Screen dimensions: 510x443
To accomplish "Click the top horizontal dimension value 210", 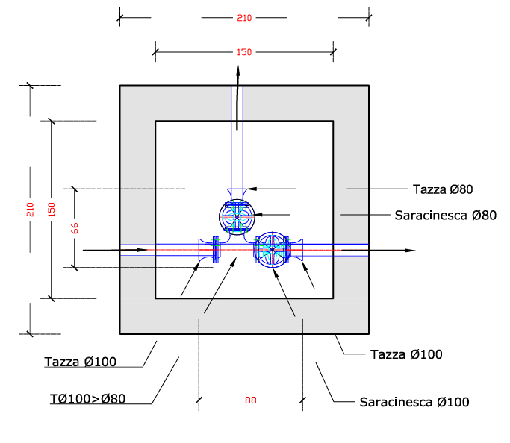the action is coord(244,18).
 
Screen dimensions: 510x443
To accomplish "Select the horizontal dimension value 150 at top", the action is coord(244,52).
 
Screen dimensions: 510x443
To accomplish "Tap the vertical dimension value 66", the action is coord(75,228).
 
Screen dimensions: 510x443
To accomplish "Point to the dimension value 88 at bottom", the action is coord(251,400).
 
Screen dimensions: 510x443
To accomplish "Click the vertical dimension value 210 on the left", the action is coord(30,210).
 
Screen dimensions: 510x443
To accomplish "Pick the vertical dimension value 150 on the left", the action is coord(52,210).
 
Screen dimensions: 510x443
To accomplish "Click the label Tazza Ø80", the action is coord(443,189).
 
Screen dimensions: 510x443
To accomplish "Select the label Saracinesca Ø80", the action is coord(446,215).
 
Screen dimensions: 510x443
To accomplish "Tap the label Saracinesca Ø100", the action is coord(414,402).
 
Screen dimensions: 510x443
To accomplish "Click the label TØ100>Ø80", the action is coord(88,398).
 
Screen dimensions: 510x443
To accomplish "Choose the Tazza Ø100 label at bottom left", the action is coord(81,362).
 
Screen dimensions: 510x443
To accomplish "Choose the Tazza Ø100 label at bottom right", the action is coord(406,354).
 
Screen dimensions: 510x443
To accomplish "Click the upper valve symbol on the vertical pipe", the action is coord(237,217).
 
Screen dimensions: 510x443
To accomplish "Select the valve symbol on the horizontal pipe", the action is coord(273,250).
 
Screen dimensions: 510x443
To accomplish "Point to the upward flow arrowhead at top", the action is coord(238,72).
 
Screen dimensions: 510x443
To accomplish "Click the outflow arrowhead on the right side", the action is coord(410,251).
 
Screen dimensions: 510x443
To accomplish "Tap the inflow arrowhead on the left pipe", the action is coord(142,250).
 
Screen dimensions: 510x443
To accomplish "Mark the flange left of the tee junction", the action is coord(216,249).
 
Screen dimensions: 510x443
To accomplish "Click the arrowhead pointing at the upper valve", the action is coord(258,215).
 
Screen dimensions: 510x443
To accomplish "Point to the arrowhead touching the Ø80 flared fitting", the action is coord(252,189).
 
